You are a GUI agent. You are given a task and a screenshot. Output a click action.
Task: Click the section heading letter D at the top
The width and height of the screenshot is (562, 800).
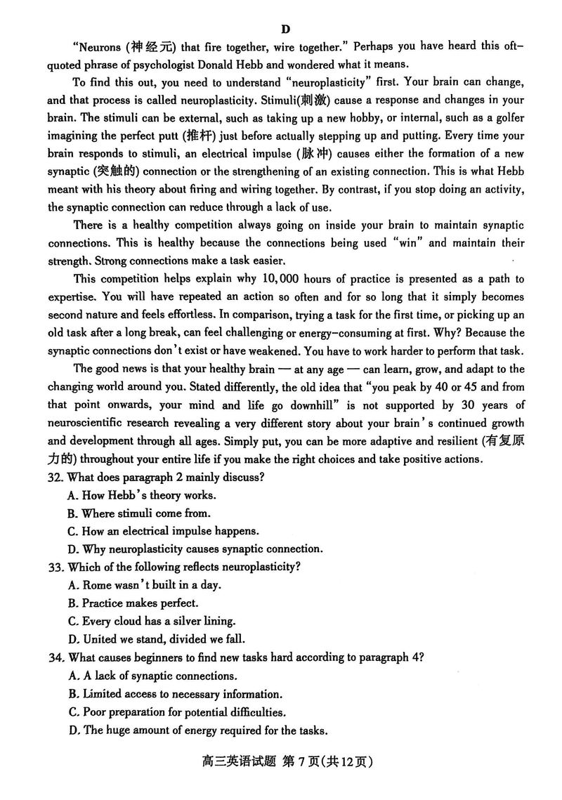285,29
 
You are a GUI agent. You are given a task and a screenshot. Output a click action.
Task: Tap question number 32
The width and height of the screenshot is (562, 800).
56,478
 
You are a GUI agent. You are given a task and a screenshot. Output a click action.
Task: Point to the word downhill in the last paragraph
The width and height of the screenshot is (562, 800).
303,404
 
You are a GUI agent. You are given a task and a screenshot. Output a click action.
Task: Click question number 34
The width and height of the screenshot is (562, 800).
56,657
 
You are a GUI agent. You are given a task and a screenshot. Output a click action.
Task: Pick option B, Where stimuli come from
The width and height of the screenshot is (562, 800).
138,513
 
